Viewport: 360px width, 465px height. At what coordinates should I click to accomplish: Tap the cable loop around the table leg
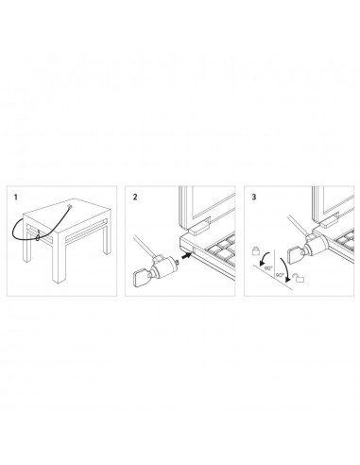[36, 236]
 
